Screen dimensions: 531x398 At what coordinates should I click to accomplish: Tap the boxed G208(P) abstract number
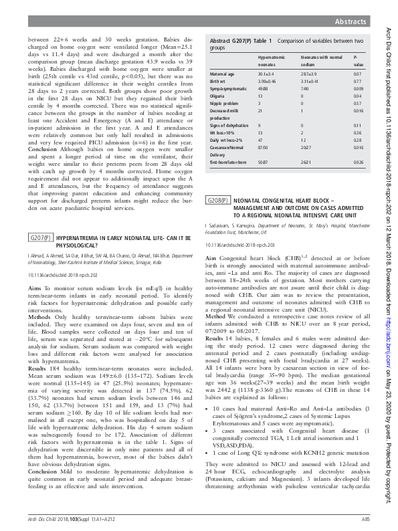[x=219, y=200]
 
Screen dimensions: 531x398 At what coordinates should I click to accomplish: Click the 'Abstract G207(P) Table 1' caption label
[x=241, y=41]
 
